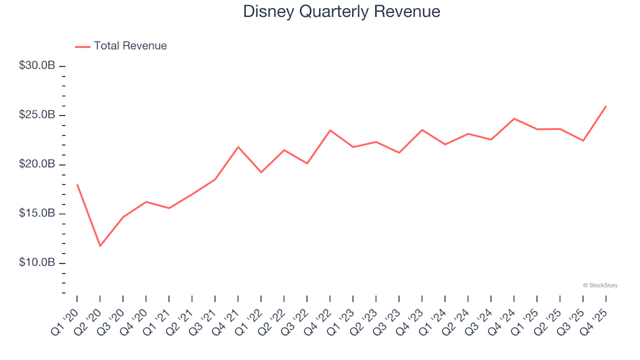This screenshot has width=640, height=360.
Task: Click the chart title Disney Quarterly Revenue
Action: click(341, 12)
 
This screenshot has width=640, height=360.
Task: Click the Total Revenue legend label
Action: click(130, 46)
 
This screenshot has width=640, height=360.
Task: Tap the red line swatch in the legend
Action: click(83, 46)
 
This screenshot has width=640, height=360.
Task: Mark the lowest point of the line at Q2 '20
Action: click(100, 246)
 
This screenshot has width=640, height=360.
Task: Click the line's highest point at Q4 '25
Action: click(605, 106)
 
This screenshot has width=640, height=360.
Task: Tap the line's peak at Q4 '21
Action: click(238, 147)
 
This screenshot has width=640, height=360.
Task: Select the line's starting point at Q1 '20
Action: click(77, 185)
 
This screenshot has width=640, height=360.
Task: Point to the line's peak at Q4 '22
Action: click(330, 130)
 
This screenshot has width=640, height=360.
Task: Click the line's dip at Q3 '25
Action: click(583, 141)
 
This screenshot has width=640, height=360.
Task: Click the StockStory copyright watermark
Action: click(600, 285)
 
